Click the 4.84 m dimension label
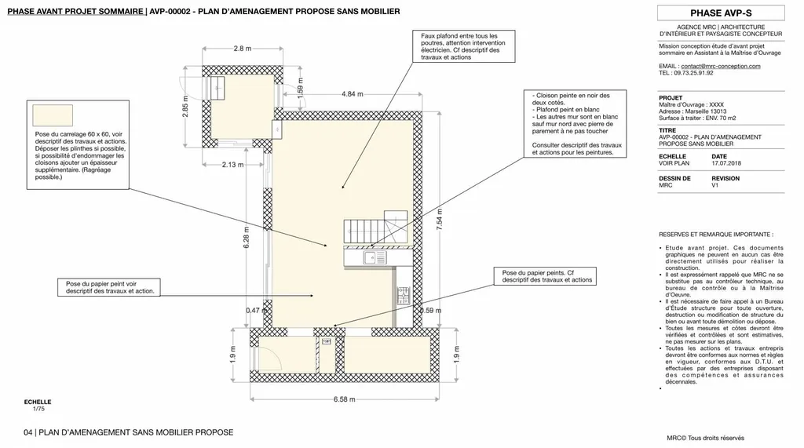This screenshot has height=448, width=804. (353, 94)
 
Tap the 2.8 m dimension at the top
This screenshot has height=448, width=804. (243, 49)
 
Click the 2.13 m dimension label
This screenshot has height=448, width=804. (232, 165)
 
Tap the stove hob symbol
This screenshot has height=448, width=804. (404, 296)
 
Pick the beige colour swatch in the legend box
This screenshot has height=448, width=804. (53, 115)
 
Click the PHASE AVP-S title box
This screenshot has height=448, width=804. (721, 13)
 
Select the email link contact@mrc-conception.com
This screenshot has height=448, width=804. (721, 66)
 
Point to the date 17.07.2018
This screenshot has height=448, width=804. (725, 163)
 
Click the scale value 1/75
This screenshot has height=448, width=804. (38, 409)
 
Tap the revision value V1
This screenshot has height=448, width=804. (715, 185)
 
